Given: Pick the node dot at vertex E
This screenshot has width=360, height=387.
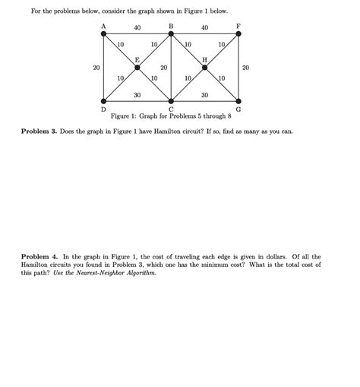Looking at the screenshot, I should [x=137, y=68].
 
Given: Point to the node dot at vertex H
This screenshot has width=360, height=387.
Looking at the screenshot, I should [x=205, y=68].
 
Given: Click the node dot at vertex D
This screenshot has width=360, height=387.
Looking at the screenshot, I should [x=103, y=101].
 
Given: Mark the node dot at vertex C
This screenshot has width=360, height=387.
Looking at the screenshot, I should [x=171, y=101].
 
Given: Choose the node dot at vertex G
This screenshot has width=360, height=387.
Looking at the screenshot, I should [x=238, y=101].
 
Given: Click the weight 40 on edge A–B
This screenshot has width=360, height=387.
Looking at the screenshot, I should [x=137, y=28].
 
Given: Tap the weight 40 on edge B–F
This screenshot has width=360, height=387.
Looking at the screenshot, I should [x=205, y=28].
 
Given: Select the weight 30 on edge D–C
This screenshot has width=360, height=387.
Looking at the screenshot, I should [x=137, y=95].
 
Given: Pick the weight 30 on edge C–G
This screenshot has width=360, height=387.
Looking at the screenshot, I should [x=205, y=95].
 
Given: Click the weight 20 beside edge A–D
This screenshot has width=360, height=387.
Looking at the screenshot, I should [x=96, y=68].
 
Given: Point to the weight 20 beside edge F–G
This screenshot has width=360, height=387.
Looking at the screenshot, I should [x=245, y=68].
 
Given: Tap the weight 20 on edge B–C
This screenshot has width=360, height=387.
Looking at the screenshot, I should [x=163, y=68].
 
